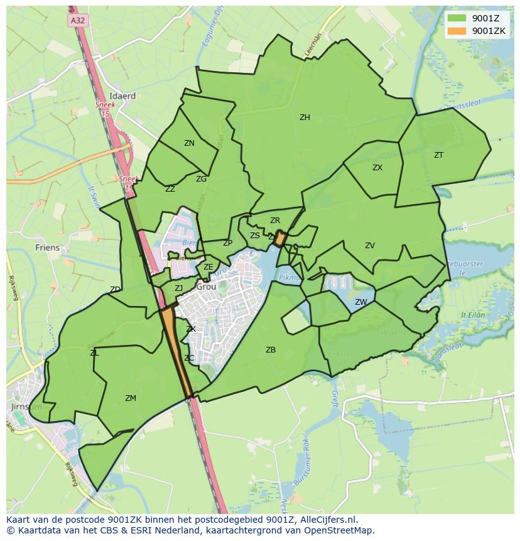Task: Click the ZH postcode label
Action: [x=305, y=117]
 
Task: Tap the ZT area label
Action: [x=438, y=155]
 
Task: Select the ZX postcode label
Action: [x=377, y=168]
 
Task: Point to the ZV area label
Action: [x=370, y=246]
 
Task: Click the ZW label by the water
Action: [x=360, y=302]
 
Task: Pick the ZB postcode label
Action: [x=271, y=350]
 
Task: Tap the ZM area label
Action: [x=131, y=398]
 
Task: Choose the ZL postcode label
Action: [x=94, y=353]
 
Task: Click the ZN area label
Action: [x=189, y=143]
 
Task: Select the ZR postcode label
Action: [x=275, y=221]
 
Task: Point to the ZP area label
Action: [x=227, y=243]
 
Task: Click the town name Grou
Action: [x=206, y=287]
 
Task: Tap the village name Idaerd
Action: [x=122, y=96]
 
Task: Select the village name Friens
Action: [x=48, y=248]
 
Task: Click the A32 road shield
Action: [x=77, y=21]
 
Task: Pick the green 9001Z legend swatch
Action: [x=457, y=18]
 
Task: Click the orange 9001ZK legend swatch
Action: [x=457, y=31]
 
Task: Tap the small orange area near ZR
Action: [x=280, y=238]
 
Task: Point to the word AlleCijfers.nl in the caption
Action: [x=326, y=520]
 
